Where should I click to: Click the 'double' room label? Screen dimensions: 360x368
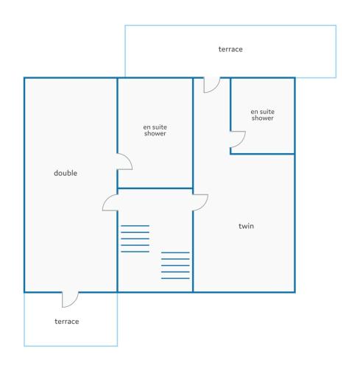tap(66, 173)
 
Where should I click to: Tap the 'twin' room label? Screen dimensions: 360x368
tap(246, 226)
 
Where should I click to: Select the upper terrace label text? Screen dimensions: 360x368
tap(230, 49)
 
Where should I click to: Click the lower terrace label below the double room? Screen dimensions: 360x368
tap(67, 322)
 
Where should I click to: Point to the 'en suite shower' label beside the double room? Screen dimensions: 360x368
tap(155, 130)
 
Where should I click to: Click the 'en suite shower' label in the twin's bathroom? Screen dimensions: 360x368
tap(262, 115)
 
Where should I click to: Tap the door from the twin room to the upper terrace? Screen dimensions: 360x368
tap(212, 85)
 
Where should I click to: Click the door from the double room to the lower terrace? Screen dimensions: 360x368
tap(70, 300)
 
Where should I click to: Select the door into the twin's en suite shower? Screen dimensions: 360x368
tap(238, 139)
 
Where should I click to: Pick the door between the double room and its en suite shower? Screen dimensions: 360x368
tap(124, 161)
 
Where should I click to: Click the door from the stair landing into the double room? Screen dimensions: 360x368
tap(110, 202)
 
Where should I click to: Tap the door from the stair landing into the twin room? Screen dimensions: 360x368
tap(200, 202)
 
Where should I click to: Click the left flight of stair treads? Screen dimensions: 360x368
tap(135, 238)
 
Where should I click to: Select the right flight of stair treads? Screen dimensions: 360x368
tap(175, 266)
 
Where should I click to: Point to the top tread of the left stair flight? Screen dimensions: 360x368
tap(135, 226)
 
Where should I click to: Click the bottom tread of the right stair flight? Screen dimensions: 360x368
tap(175, 278)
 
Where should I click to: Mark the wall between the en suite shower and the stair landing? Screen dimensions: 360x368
tap(155, 188)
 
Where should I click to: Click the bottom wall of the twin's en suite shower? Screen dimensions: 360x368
tap(262, 154)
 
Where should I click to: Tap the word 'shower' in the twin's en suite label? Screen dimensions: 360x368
tap(262, 118)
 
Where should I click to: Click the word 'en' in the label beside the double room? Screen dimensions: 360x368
tap(147, 127)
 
